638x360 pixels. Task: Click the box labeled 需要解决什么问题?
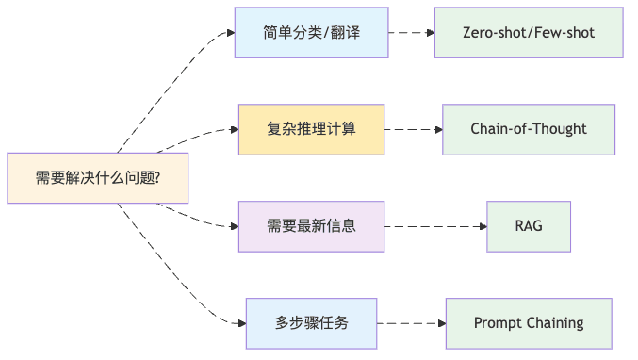(97, 177)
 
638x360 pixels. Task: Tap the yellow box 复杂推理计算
(311, 129)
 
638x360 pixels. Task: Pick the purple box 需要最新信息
(311, 226)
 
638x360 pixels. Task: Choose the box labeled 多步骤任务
(311, 322)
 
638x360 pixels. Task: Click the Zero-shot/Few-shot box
(528, 32)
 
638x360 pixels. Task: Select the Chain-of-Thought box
(528, 129)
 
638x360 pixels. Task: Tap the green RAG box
(528, 226)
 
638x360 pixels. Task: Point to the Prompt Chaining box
(528, 322)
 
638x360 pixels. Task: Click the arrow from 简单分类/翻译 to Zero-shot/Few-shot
(410, 32)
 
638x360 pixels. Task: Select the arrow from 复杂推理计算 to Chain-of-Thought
(413, 129)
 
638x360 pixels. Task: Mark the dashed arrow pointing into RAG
(435, 226)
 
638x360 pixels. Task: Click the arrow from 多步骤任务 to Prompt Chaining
(411, 322)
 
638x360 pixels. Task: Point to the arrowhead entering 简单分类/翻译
(229, 32)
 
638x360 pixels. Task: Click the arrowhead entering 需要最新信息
(233, 226)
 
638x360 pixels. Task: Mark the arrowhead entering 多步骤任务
(240, 322)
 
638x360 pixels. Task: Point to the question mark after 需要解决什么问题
(156, 178)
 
